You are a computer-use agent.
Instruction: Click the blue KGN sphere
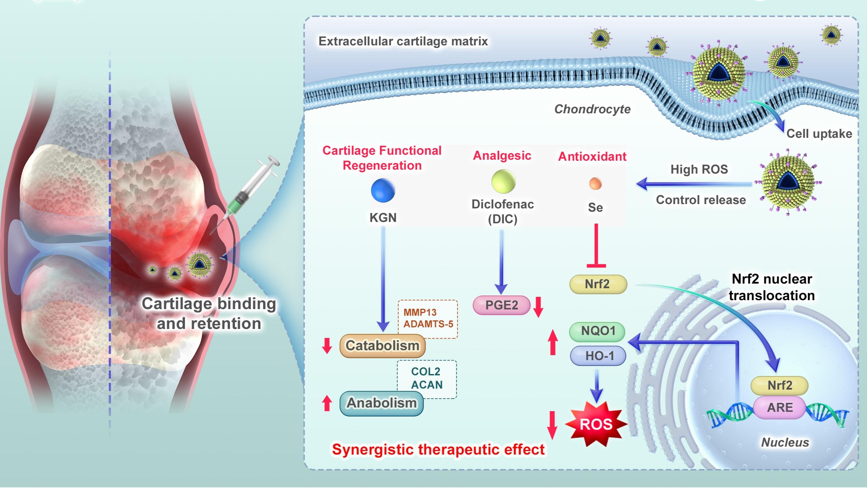click(383, 190)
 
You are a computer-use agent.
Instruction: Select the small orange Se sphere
click(595, 184)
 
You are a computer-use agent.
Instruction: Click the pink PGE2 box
click(501, 305)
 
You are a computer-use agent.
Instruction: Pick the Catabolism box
click(382, 346)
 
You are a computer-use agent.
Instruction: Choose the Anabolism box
click(381, 403)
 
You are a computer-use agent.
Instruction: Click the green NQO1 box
click(597, 331)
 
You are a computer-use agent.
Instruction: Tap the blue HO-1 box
click(598, 355)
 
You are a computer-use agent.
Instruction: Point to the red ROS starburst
click(596, 424)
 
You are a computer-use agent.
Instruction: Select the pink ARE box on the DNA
click(780, 407)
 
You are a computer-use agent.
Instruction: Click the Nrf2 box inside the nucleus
click(780, 385)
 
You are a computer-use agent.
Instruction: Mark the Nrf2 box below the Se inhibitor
click(598, 284)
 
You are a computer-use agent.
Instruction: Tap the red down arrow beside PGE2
click(538, 306)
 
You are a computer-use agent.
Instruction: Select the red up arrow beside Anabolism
click(327, 403)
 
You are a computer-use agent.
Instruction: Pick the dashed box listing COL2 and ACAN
click(427, 378)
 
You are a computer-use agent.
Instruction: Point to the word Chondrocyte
click(592, 109)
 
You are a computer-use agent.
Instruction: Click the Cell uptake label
click(819, 134)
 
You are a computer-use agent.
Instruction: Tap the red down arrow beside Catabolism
click(327, 346)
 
